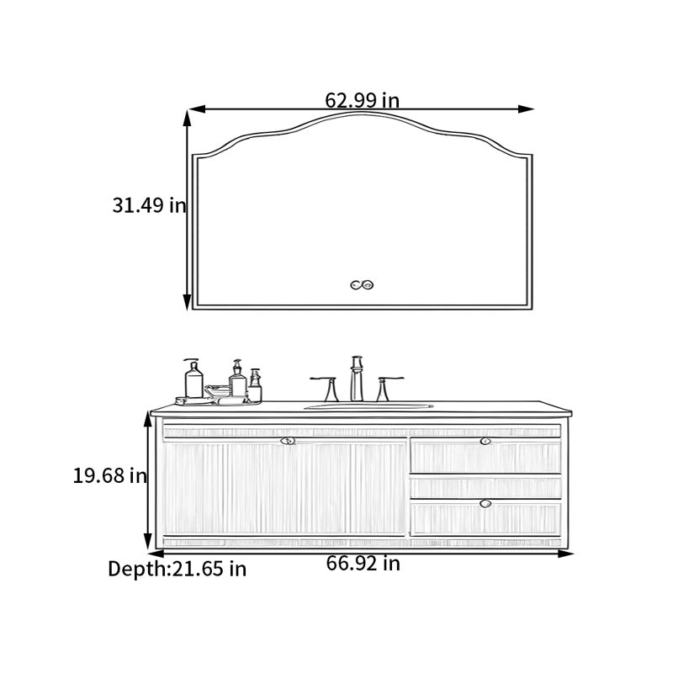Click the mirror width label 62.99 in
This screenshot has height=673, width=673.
363,100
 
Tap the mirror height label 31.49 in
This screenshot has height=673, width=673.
150,205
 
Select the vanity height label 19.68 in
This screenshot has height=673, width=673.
110,475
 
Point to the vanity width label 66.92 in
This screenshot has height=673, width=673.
363,563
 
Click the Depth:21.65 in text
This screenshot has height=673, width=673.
178,570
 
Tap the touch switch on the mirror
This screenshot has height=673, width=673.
362,284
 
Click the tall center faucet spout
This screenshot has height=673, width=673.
357,379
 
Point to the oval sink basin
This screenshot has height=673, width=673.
368,406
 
